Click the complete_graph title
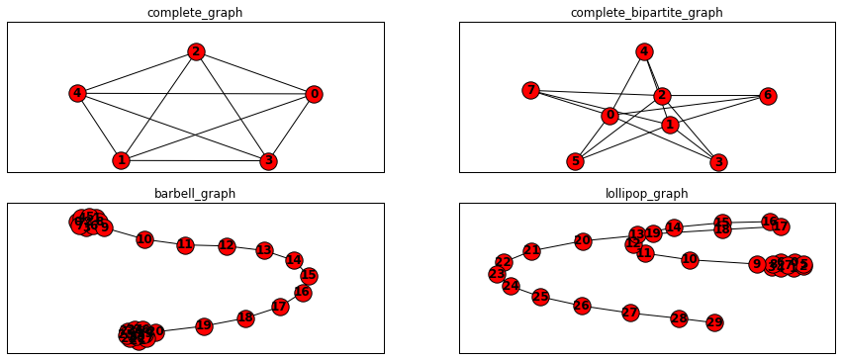pos(195,13)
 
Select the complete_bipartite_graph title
pos(646,13)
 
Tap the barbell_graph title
pos(195,193)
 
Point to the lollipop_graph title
pos(646,193)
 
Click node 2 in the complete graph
pos(196,51)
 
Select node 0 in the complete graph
pos(315,94)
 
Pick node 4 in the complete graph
pos(77,94)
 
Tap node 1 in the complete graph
pos(121,160)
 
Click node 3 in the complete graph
pos(267,160)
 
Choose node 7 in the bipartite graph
pos(531,91)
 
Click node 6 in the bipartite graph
pos(768,96)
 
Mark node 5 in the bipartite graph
pos(575,161)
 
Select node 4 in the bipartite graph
pos(644,51)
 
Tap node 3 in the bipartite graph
pos(719,162)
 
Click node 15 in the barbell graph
pos(309,276)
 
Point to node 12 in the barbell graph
pos(227,245)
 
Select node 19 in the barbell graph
pos(204,325)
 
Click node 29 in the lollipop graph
pos(714,322)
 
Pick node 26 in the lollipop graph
pos(582,306)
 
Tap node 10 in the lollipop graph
pos(690,259)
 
